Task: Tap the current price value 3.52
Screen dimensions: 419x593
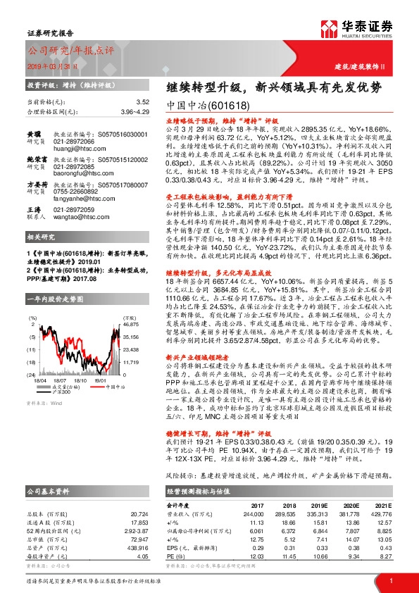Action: [143, 102]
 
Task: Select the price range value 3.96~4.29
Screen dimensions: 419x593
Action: [135, 111]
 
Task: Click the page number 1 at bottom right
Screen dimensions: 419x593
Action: [390, 579]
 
